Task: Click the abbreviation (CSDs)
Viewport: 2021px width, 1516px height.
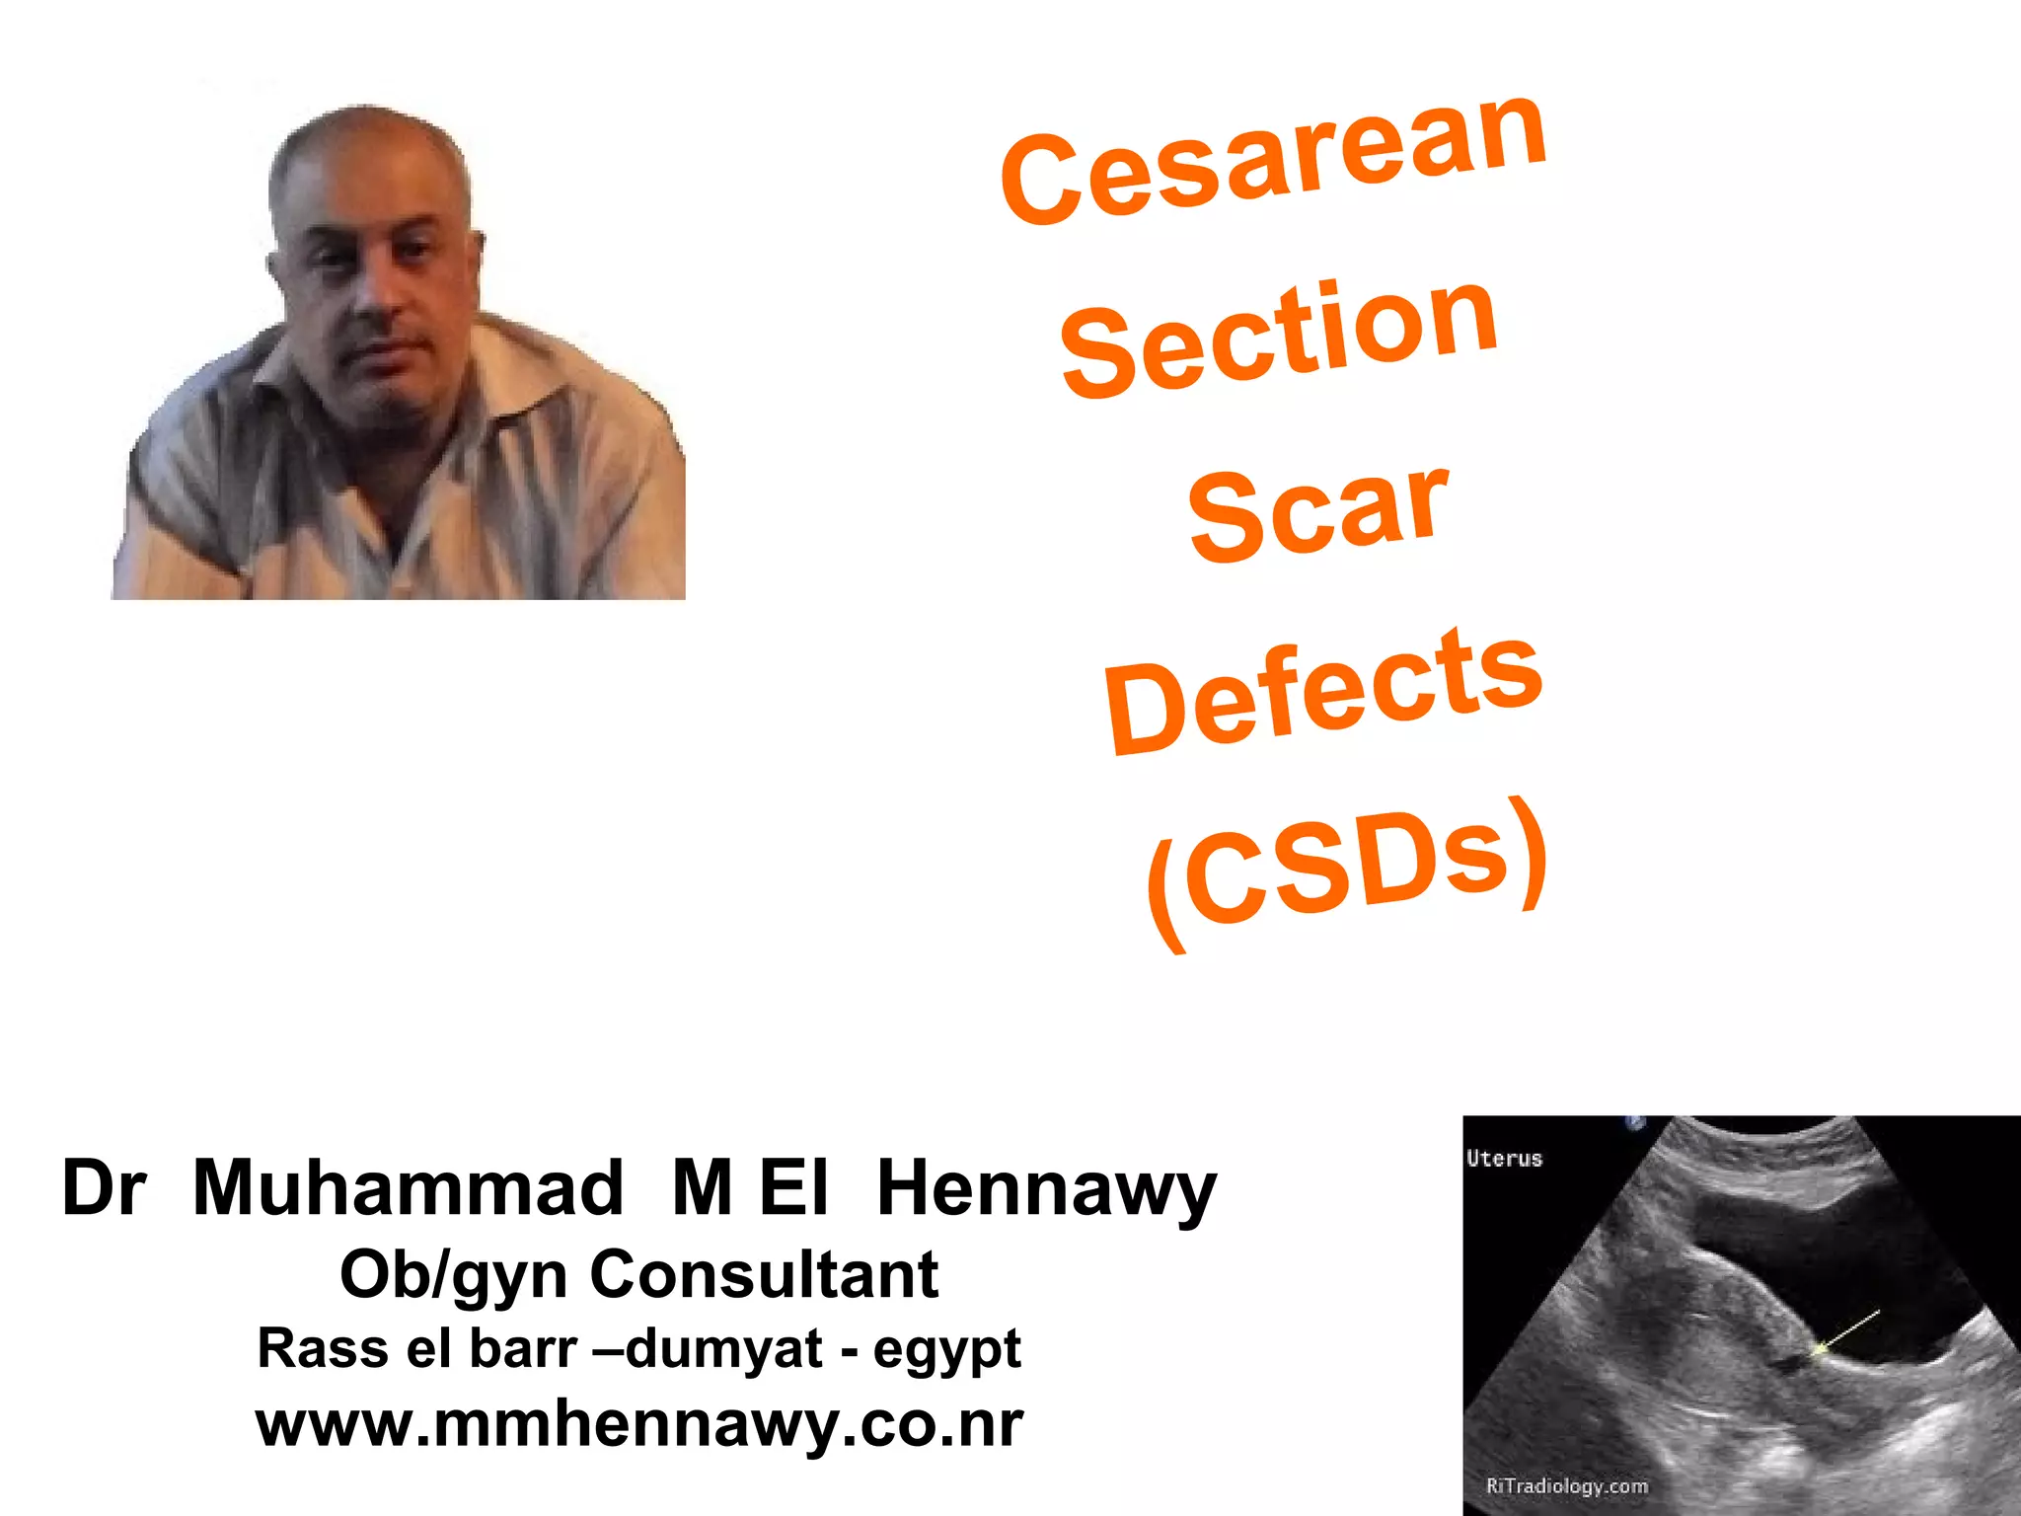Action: coord(1346,869)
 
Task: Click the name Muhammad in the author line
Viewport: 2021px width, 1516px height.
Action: coord(408,1187)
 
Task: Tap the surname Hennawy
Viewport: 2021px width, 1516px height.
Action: coord(1046,1189)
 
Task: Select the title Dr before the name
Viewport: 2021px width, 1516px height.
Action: coord(104,1187)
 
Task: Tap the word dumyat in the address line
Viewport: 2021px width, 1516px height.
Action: coord(723,1348)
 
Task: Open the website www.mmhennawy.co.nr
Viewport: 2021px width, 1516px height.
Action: coord(639,1424)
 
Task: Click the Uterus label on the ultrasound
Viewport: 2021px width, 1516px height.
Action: coord(1504,1159)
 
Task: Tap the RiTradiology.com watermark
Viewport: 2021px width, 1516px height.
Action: coord(1567,1485)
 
